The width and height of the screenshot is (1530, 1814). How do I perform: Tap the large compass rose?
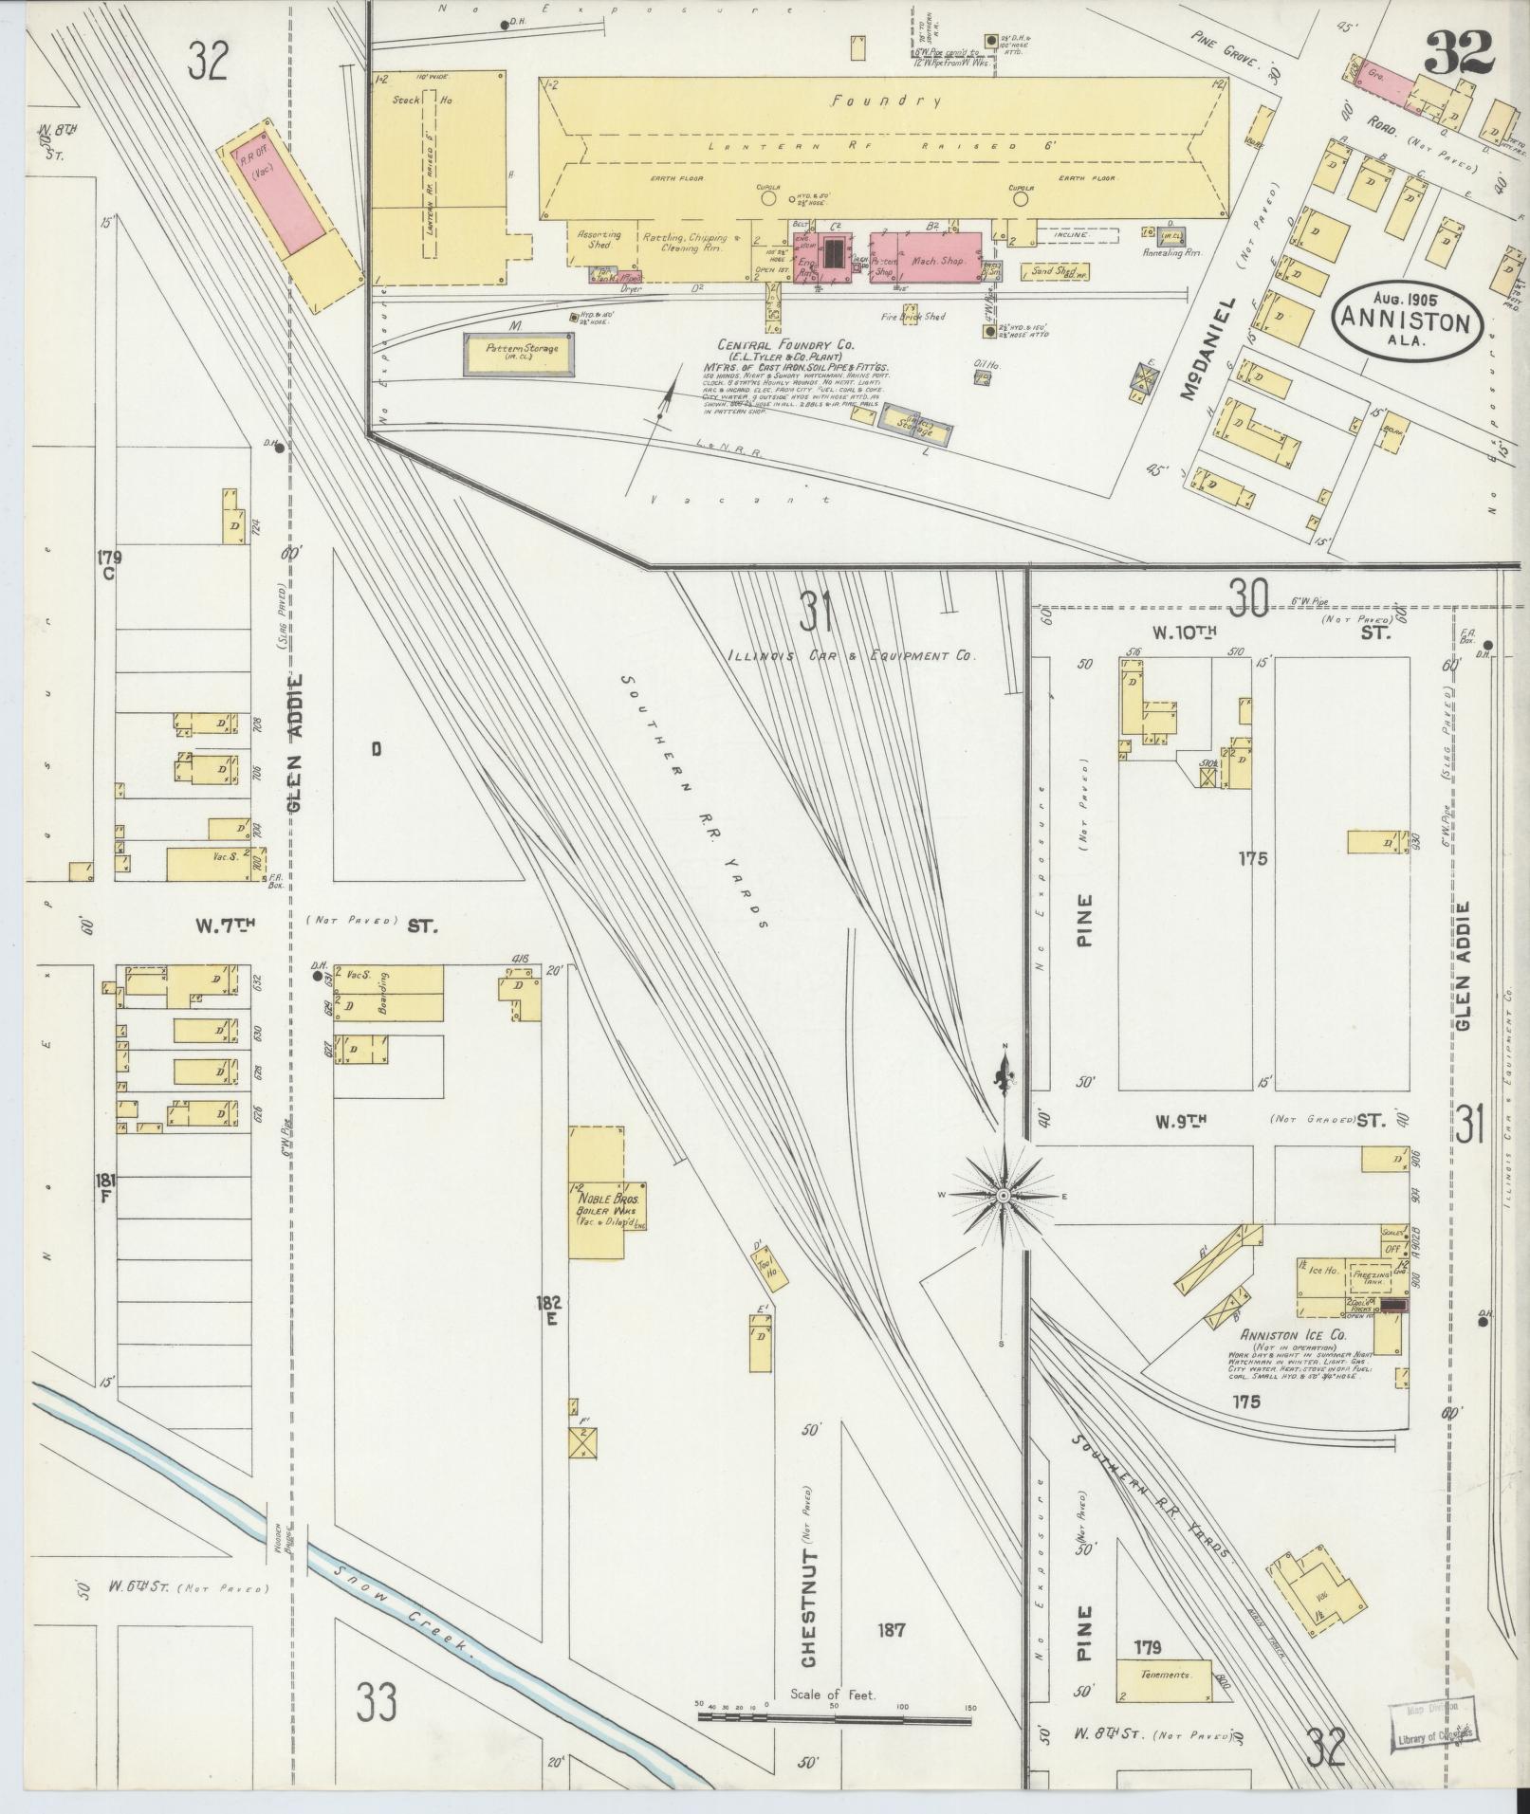1002,1197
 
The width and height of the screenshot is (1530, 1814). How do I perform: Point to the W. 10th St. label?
1179,632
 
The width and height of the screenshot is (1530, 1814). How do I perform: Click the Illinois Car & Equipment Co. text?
851,655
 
